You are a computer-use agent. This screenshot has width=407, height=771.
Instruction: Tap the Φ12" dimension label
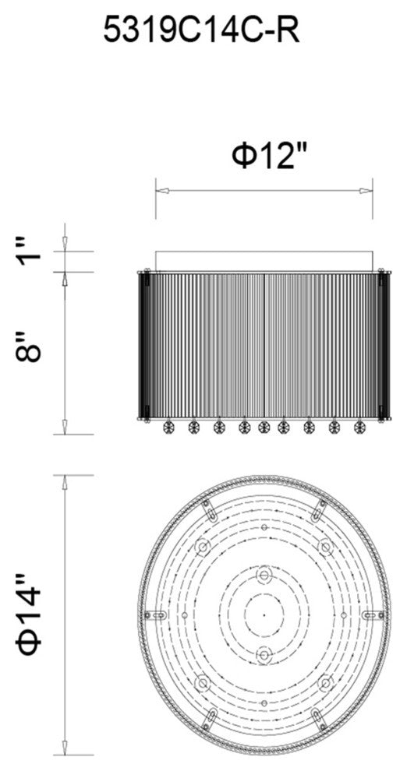pos(269,157)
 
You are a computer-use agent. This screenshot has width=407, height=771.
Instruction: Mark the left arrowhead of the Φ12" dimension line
pos(162,191)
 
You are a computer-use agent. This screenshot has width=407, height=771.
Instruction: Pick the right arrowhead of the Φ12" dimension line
pos(366,191)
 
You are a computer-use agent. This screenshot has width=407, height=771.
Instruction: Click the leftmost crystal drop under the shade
pos(168,428)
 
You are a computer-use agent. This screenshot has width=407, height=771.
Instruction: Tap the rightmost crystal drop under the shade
pos(359,428)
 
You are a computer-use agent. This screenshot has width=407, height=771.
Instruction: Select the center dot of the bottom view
pos(264,614)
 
